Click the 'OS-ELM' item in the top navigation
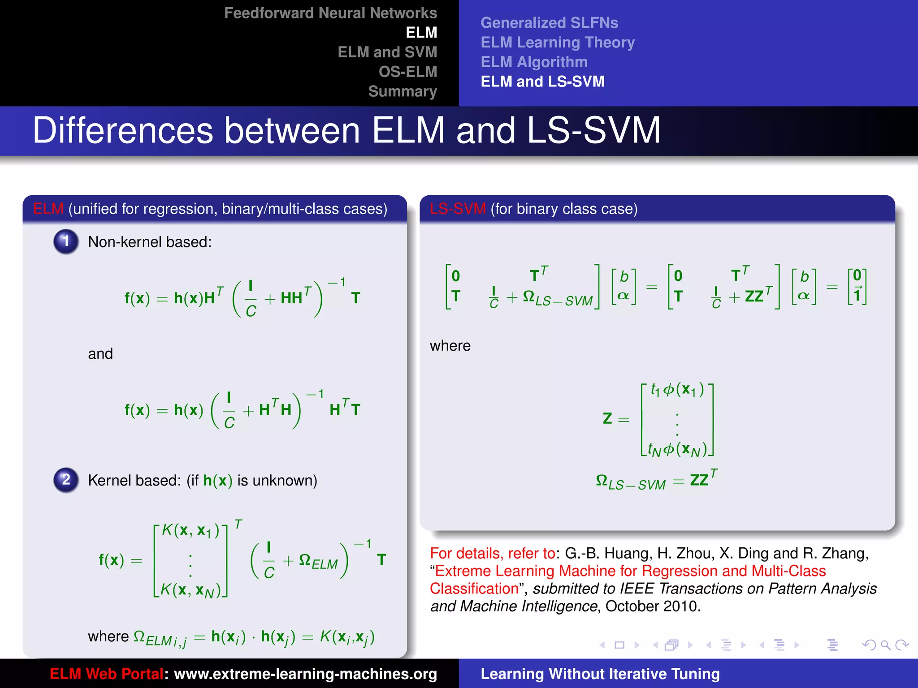[x=407, y=72]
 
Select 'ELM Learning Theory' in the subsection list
[x=557, y=43]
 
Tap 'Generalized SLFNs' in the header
[x=549, y=23]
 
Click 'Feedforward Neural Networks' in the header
[x=330, y=13]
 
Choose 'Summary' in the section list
[x=402, y=91]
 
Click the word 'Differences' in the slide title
[x=123, y=130]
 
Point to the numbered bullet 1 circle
[x=66, y=241]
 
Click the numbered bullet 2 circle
[x=66, y=480]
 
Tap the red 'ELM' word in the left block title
[x=48, y=209]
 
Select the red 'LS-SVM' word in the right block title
[x=457, y=209]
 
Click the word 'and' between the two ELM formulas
[x=100, y=354]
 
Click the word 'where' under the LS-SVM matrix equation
[x=450, y=346]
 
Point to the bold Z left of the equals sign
[x=607, y=418]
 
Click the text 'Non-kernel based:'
[x=150, y=242]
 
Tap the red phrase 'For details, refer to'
[x=492, y=554]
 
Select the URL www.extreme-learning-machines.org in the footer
[x=305, y=674]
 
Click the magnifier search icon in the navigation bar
[x=885, y=645]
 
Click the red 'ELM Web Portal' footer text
[x=106, y=674]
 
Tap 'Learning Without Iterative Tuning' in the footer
[x=600, y=674]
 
